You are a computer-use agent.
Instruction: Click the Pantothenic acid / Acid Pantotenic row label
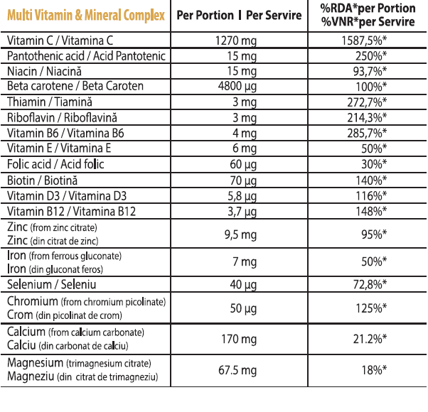point(85,55)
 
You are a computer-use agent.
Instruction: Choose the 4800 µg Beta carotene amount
point(235,86)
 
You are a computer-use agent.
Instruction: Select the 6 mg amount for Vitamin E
point(244,148)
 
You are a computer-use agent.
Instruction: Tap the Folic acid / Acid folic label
point(55,164)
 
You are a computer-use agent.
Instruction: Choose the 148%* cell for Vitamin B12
point(370,211)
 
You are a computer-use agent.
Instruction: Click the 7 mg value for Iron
point(244,261)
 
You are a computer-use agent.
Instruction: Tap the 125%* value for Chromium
point(370,308)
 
